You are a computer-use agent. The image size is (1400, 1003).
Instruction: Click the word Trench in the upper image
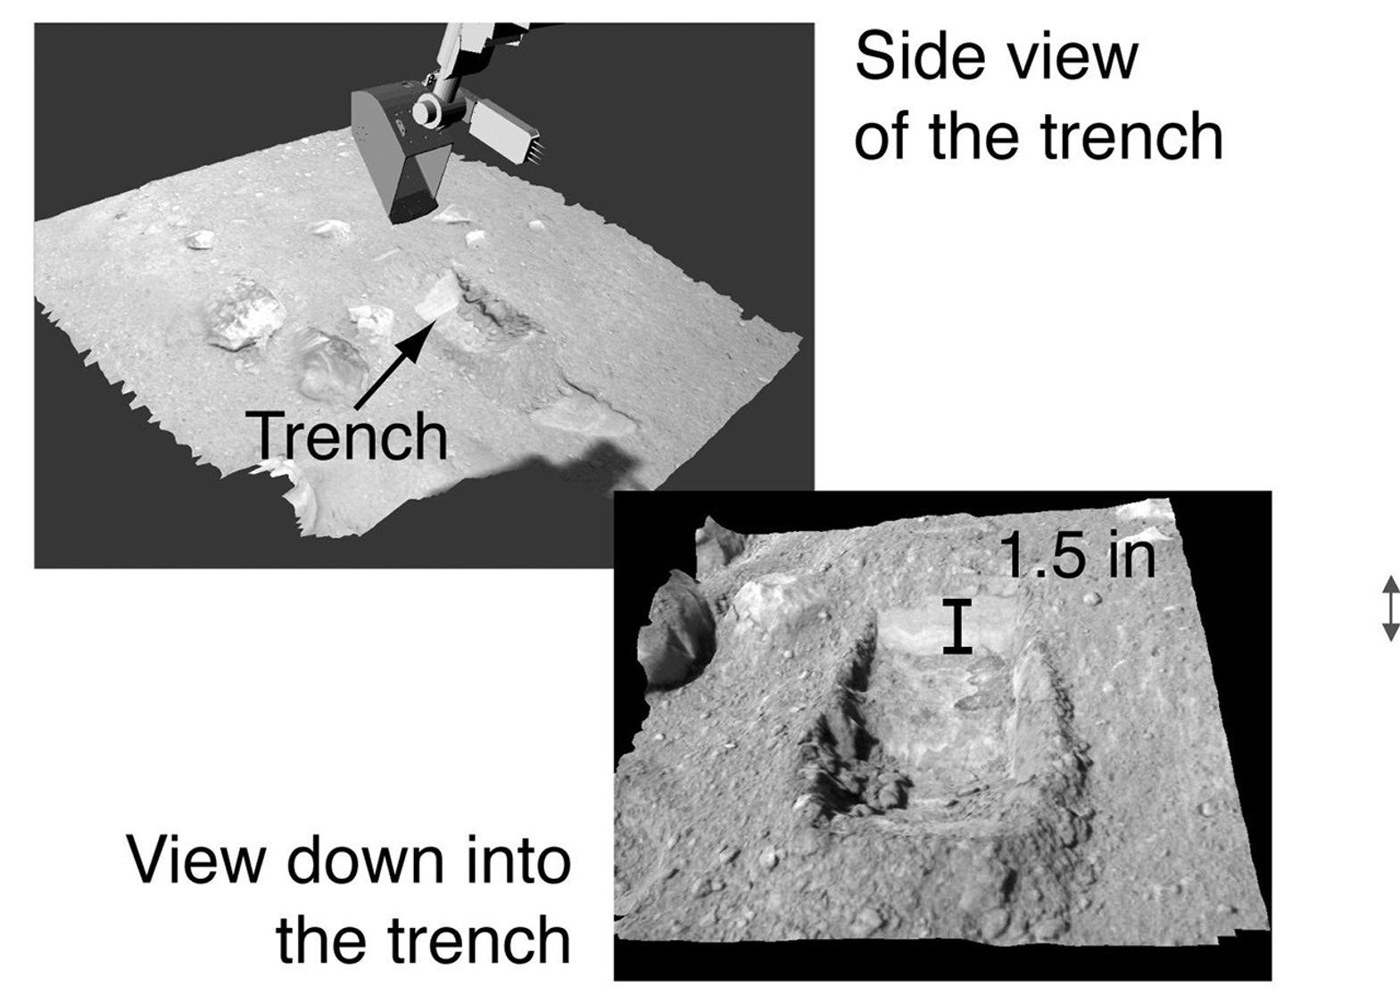click(349, 435)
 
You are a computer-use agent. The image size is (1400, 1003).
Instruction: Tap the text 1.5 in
click(1077, 555)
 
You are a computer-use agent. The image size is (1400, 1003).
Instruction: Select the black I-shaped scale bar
click(958, 626)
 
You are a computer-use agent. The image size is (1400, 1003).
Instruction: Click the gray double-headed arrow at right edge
click(1389, 609)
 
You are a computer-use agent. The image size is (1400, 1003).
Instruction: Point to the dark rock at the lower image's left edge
click(673, 630)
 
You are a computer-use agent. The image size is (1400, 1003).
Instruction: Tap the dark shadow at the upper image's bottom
click(571, 464)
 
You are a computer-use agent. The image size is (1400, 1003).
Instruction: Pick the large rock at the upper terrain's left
click(244, 314)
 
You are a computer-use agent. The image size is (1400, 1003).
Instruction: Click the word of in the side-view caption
click(882, 137)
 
